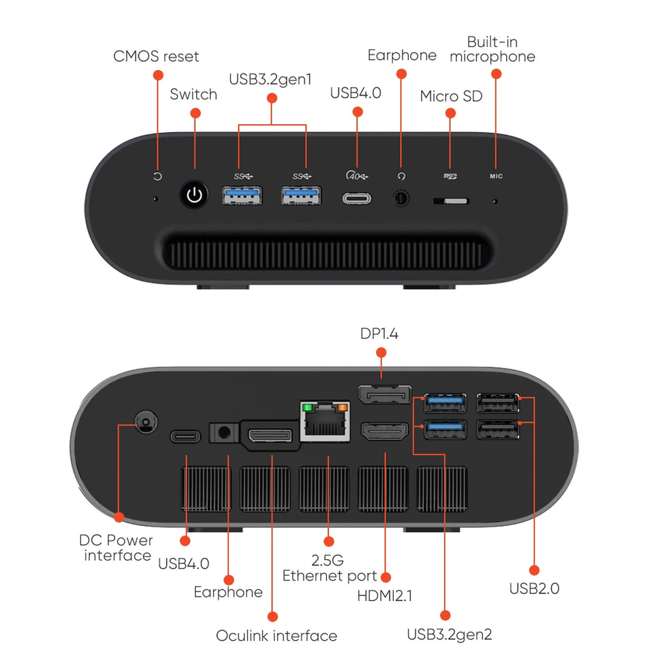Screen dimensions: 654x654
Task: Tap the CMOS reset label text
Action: pos(156,56)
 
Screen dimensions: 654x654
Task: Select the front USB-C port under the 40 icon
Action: pos(357,200)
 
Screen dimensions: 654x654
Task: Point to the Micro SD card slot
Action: pos(451,201)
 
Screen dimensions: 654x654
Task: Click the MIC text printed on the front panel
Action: pos(496,176)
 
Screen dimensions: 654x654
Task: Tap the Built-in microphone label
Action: pos(493,49)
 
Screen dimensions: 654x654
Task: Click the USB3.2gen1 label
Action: pos(270,78)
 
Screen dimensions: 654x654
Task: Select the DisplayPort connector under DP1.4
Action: pos(384,395)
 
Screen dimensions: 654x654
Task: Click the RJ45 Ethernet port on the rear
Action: pos(325,422)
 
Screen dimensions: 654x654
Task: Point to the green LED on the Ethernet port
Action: pos(307,408)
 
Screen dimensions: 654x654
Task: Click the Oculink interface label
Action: pos(276,636)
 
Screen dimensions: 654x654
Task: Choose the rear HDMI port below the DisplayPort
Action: pos(384,431)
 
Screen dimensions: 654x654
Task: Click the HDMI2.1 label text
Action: pos(385,596)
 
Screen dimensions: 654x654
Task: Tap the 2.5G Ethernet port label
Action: pos(330,568)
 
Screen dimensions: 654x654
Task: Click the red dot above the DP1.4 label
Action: pos(381,352)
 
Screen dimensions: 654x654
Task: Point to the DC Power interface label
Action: pos(116,548)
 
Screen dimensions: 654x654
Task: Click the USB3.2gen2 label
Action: pos(449,634)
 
